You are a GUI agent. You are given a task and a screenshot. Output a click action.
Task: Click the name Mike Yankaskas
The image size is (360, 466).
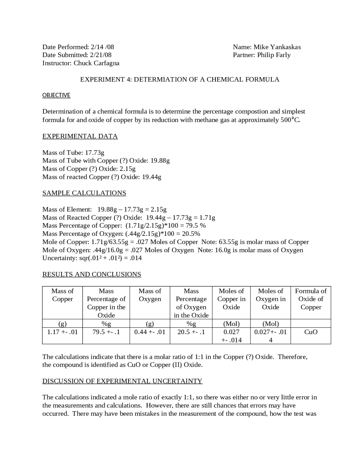point(277,47)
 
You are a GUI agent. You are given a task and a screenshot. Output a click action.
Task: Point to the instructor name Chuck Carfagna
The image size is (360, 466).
point(96,63)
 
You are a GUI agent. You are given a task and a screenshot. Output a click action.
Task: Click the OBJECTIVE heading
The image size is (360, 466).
point(56,95)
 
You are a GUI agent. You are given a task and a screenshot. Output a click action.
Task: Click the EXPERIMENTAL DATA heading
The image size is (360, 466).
point(80,136)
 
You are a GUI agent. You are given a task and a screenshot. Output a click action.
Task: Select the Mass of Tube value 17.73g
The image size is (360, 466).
point(94,153)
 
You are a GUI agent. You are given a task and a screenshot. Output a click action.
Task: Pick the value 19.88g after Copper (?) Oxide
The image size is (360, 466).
point(160,161)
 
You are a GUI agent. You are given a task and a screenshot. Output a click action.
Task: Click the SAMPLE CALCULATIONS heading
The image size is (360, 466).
point(84,193)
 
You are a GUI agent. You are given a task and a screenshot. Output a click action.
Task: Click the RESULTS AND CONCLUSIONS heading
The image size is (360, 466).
point(92,274)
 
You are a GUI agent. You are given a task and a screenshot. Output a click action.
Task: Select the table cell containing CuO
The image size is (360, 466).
point(311,332)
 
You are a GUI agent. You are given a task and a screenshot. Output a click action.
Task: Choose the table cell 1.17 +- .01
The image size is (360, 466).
point(62,332)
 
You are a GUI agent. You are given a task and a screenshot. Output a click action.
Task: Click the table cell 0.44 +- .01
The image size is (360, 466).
point(150,332)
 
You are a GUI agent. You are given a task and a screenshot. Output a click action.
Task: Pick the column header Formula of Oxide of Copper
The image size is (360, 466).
point(311,299)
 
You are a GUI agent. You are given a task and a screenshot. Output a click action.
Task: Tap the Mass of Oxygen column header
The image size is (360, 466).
point(150,295)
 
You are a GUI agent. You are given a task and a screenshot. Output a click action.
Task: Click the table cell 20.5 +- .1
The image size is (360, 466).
point(191,332)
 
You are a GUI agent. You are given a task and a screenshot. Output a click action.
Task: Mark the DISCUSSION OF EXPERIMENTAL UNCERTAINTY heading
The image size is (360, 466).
point(122,381)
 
